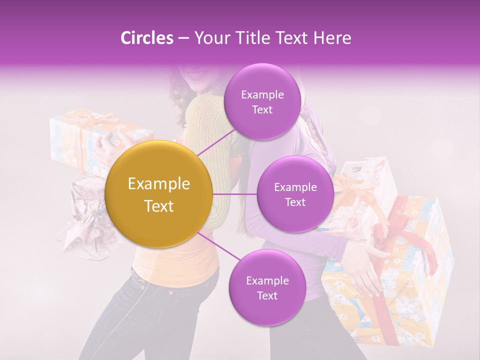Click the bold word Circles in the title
pyautogui.click(x=146, y=38)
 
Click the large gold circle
pyautogui.click(x=159, y=194)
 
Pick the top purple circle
pyautogui.click(x=262, y=101)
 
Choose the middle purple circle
pyautogui.click(x=295, y=194)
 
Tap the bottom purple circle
pyautogui.click(x=267, y=287)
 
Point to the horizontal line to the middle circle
pyautogui.click(x=235, y=194)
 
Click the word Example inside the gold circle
pyautogui.click(x=159, y=184)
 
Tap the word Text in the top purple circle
pyautogui.click(x=262, y=109)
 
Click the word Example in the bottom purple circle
pyautogui.click(x=267, y=280)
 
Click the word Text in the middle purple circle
pyautogui.click(x=295, y=202)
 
